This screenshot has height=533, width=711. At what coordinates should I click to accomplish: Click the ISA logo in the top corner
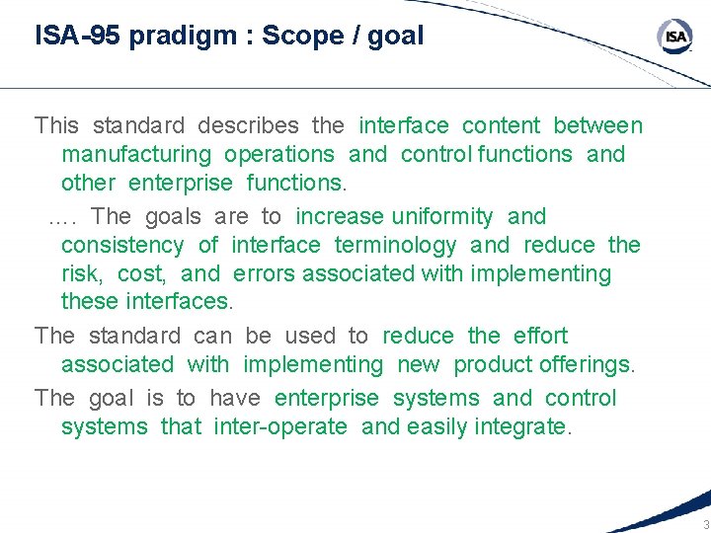click(x=675, y=38)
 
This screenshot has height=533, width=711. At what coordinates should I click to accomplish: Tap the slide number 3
click(x=705, y=523)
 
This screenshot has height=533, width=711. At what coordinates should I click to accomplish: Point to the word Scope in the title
click(x=294, y=37)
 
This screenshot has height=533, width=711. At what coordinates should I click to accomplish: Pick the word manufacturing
click(x=136, y=155)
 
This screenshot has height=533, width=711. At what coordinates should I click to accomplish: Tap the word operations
click(x=279, y=155)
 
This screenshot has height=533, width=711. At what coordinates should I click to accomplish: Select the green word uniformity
click(x=442, y=217)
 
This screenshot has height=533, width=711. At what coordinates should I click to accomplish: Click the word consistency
click(x=122, y=246)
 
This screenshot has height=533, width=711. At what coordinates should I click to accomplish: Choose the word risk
click(x=83, y=274)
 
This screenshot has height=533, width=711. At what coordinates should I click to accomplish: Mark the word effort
click(x=540, y=337)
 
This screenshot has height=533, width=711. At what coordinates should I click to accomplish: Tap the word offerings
click(x=588, y=365)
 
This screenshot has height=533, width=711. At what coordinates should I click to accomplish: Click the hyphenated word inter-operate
click(x=280, y=427)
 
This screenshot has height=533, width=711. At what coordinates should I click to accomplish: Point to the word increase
click(x=340, y=217)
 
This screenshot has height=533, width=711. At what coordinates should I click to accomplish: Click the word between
click(x=597, y=126)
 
